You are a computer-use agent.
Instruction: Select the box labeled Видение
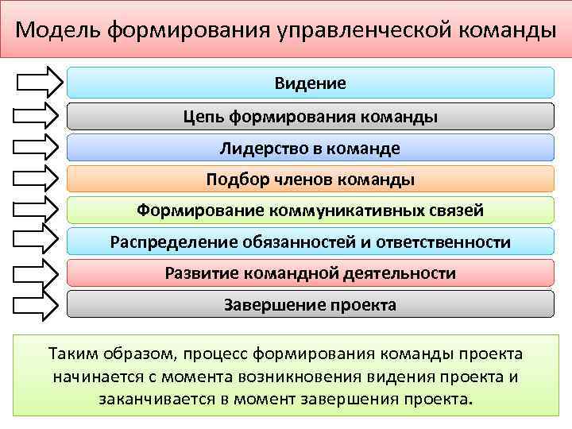[x=310, y=83]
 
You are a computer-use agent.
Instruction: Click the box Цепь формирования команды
[x=310, y=117]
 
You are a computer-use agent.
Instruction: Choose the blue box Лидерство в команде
[x=310, y=149]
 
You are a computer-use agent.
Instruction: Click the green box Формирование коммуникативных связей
[x=310, y=211]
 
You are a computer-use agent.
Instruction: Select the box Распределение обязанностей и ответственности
[x=310, y=242]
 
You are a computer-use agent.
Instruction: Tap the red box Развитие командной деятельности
[x=310, y=273]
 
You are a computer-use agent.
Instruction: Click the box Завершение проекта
[x=310, y=304]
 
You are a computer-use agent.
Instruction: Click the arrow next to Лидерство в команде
[x=38, y=146]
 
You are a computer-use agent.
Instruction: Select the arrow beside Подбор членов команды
[x=38, y=178]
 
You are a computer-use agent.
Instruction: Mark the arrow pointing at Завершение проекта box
[x=38, y=303]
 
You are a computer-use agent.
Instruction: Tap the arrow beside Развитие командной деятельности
[x=38, y=272]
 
